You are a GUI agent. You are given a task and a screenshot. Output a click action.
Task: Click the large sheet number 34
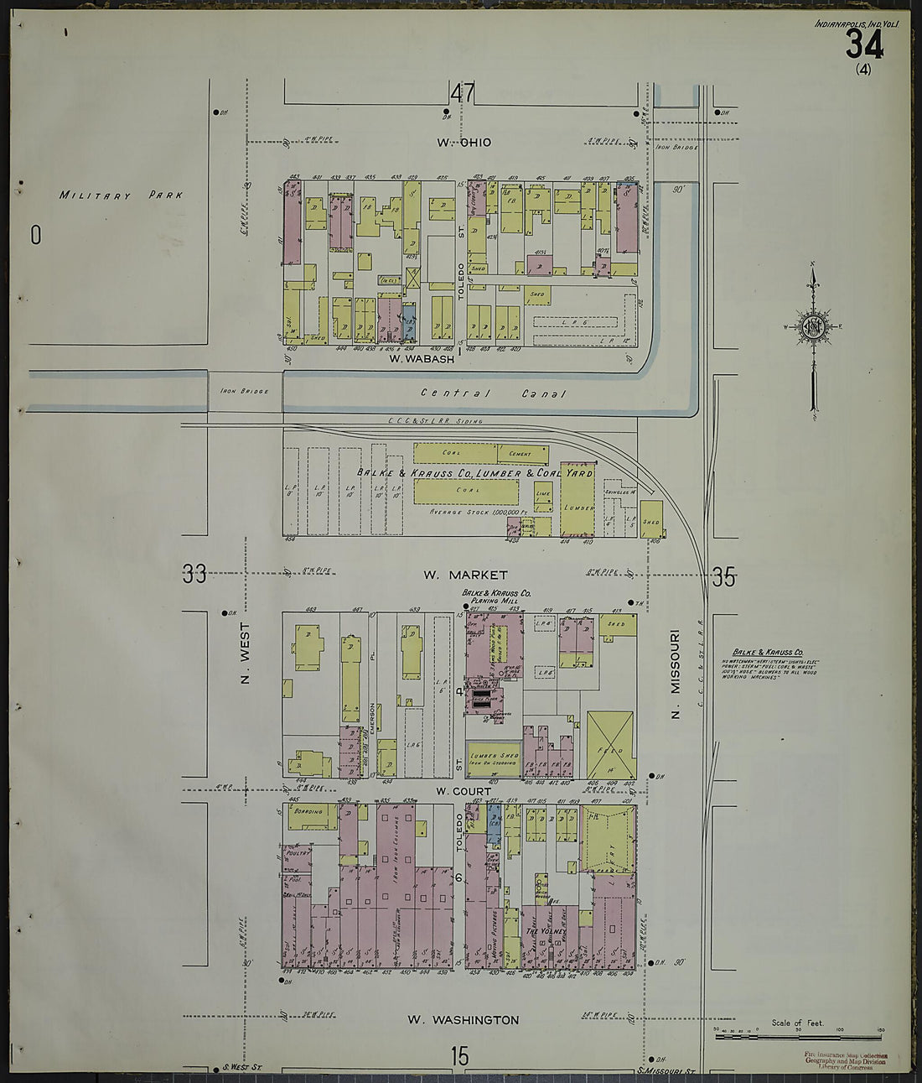point(862,44)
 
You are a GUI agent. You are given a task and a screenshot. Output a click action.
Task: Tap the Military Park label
point(121,195)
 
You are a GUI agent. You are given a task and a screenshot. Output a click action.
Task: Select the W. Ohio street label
point(464,143)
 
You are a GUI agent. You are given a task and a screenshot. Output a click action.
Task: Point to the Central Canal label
point(493,393)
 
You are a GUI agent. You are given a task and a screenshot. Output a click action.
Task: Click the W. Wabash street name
point(422,359)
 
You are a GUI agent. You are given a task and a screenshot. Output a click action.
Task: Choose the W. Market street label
point(465,575)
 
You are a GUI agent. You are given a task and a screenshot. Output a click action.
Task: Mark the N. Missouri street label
point(675,676)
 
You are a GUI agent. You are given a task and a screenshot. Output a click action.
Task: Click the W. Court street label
point(463,790)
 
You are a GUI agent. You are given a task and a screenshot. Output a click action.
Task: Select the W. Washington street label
point(463,1020)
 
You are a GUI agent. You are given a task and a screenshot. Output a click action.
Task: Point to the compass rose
point(811,327)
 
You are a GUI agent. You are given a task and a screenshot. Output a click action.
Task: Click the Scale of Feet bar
point(798,1037)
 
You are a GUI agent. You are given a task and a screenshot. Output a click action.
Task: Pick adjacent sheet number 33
point(194,575)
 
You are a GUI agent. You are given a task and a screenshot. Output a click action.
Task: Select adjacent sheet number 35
point(723,577)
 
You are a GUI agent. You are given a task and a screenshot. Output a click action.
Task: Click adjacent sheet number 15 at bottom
point(459,1056)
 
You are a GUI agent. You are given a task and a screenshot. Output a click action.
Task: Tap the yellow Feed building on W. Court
point(610,744)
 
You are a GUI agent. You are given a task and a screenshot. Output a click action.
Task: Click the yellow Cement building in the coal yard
point(520,454)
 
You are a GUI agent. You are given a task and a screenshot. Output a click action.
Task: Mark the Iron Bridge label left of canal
point(245,392)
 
